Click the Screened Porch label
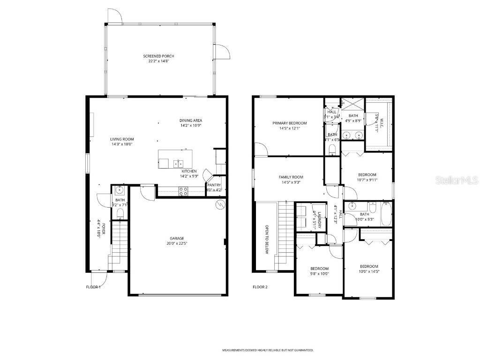pos(158,56)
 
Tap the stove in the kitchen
pos(183,191)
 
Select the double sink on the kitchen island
pos(178,163)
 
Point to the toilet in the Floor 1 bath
pos(120,213)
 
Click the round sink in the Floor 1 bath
pos(120,190)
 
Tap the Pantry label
pos(214,185)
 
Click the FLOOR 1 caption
pos(93,287)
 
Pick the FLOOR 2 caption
pos(260,287)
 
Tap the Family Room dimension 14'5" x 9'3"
pos(291,182)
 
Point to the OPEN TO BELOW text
pos(267,239)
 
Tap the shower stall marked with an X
pos(352,104)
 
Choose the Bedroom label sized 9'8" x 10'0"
pos(319,269)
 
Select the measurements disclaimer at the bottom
pos(268,350)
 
